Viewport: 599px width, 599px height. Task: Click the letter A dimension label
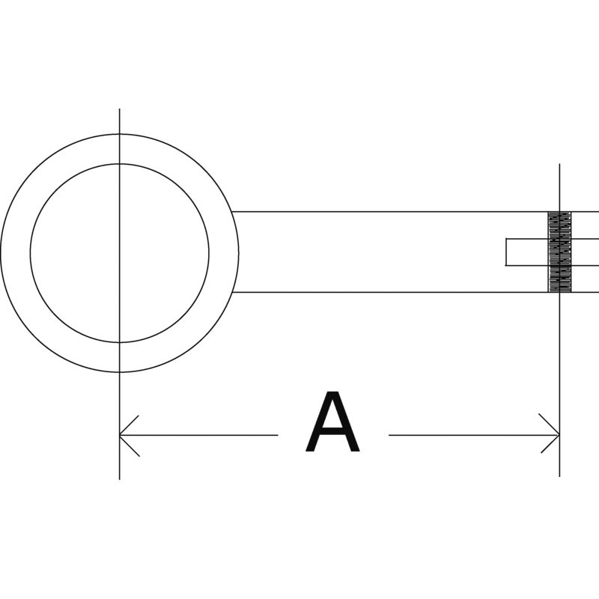[x=332, y=422]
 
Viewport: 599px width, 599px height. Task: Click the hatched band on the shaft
[x=559, y=252]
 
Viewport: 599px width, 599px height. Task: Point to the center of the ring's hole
[x=120, y=253]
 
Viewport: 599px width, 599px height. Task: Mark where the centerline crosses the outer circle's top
[x=120, y=134]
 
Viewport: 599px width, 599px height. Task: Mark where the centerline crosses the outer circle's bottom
[x=120, y=372]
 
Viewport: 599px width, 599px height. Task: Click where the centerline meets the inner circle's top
[x=120, y=164]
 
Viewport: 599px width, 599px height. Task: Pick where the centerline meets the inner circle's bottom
[x=120, y=342]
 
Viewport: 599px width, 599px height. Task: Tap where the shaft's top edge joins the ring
[x=231, y=211]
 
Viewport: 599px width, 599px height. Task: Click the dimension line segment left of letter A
[x=198, y=435]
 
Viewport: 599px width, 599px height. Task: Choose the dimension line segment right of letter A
[x=474, y=435]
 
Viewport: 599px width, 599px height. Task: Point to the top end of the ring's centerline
[x=120, y=109]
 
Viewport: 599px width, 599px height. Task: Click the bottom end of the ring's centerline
[x=120, y=479]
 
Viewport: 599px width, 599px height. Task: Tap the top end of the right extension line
[x=559, y=164]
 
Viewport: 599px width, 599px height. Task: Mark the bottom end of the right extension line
[x=559, y=477]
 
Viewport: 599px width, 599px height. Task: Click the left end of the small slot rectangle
[x=506, y=252]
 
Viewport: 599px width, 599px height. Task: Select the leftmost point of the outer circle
[x=1, y=253]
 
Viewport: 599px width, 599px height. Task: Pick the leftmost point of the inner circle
[x=30, y=253]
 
